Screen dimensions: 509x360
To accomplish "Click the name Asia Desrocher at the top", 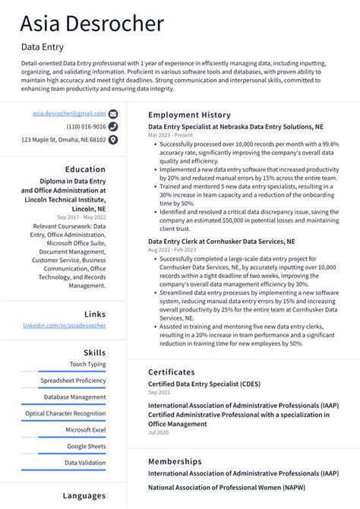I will click(x=92, y=24).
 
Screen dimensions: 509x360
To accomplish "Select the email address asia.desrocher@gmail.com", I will click(x=69, y=113).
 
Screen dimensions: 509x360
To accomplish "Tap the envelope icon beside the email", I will click(x=113, y=114).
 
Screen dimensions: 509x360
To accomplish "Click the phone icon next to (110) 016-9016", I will click(x=113, y=127).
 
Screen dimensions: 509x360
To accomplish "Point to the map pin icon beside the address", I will click(x=113, y=140).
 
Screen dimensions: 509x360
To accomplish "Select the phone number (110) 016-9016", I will click(x=86, y=127).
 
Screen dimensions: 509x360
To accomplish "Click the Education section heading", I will click(x=85, y=169).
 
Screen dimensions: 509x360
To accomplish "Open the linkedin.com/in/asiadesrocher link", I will click(x=65, y=325).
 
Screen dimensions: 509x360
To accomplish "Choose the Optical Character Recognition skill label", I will click(x=65, y=413).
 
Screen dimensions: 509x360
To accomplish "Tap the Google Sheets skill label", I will click(x=86, y=446).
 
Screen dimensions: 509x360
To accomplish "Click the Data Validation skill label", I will click(x=85, y=463).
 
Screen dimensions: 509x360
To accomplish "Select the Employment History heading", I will click(x=189, y=115).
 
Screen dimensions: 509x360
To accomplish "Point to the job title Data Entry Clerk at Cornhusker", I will click(x=221, y=241).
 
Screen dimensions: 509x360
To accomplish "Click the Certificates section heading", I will click(x=176, y=372).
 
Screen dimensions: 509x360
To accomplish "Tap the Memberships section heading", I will click(x=175, y=461).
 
